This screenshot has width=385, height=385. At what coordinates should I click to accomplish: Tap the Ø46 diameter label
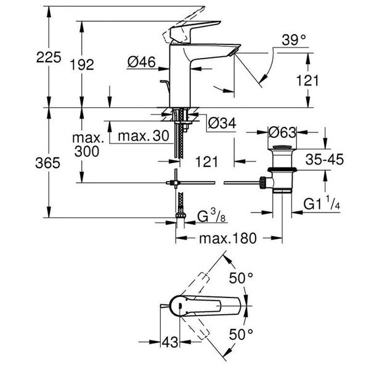pos(141,62)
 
